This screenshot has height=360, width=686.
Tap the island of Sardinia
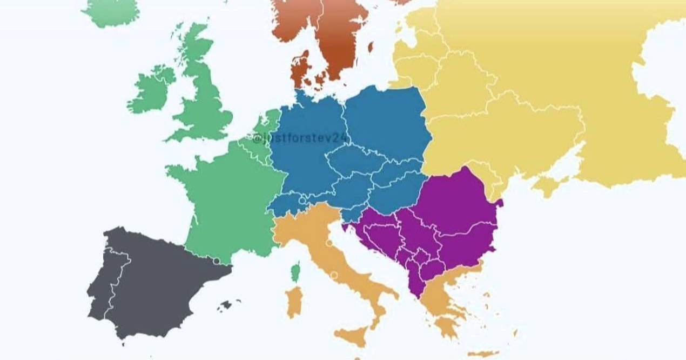tap(294, 302)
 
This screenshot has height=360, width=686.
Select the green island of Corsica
tap(296, 270)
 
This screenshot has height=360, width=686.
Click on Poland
tap(386, 122)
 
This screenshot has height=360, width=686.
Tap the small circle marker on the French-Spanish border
tap(216, 262)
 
